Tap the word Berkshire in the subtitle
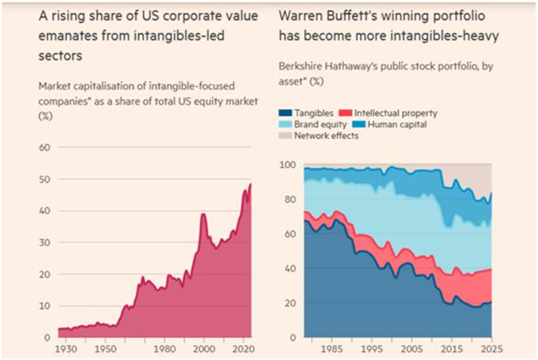303,72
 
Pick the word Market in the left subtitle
55,87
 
